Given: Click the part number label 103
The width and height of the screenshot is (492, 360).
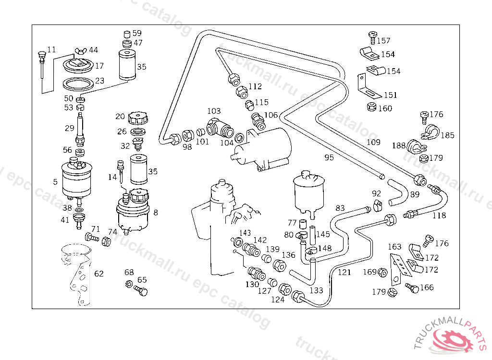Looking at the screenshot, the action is pyautogui.click(x=214, y=111).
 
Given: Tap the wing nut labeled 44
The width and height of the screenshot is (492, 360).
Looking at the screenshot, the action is pyautogui.click(x=80, y=51).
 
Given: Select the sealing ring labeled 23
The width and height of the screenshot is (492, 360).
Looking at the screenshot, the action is pyautogui.click(x=78, y=84).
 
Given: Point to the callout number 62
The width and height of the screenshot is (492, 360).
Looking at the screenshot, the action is pyautogui.click(x=99, y=274).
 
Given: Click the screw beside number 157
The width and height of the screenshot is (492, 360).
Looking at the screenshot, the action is pyautogui.click(x=372, y=37).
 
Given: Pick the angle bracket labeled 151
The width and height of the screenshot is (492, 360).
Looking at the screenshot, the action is pyautogui.click(x=369, y=86).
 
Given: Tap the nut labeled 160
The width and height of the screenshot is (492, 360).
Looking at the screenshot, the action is pyautogui.click(x=371, y=107).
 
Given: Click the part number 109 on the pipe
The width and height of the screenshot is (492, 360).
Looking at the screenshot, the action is pyautogui.click(x=373, y=143).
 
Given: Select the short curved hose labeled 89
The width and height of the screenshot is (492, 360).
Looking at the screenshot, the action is pyautogui.click(x=397, y=192).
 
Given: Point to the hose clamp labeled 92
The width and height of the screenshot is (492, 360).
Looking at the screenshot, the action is pyautogui.click(x=378, y=205).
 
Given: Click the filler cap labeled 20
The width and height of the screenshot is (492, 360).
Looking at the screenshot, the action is pyautogui.click(x=138, y=118).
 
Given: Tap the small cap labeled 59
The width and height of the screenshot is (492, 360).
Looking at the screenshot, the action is pyautogui.click(x=127, y=34).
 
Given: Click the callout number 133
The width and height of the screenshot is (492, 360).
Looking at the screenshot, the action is pyautogui.click(x=316, y=290).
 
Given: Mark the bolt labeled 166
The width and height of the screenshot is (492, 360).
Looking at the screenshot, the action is pyautogui.click(x=412, y=287).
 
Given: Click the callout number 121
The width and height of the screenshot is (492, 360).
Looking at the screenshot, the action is pyautogui.click(x=344, y=272).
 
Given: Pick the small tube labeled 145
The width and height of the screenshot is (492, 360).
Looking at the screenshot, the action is pyautogui.click(x=312, y=235).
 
